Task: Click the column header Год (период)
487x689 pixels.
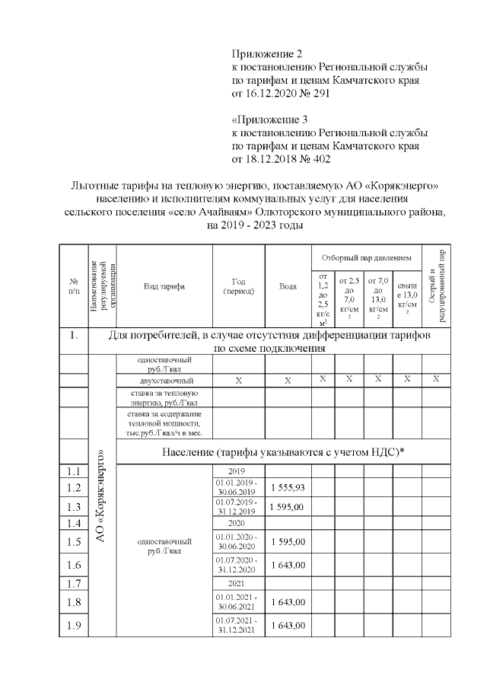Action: (x=238, y=286)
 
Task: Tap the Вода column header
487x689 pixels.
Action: (x=288, y=286)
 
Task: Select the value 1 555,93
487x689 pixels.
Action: (x=288, y=487)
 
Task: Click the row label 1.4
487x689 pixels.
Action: (x=74, y=523)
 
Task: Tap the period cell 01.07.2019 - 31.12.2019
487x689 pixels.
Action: (x=238, y=507)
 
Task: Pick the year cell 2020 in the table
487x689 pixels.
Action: (x=238, y=524)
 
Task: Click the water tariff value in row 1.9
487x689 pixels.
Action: (x=288, y=625)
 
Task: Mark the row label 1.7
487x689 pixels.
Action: (x=74, y=584)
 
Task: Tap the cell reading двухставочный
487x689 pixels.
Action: (x=164, y=380)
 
